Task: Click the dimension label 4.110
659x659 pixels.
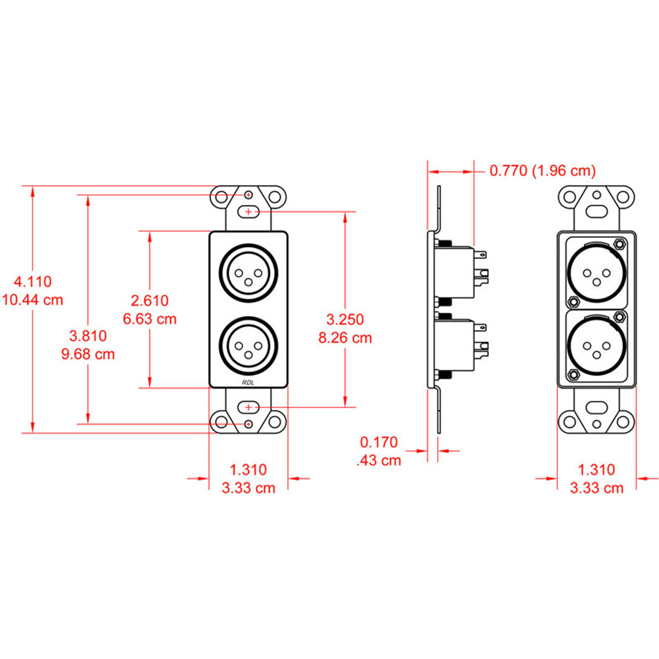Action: click(x=33, y=282)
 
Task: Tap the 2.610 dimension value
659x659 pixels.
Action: click(x=150, y=301)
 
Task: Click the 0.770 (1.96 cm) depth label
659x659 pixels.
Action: click(x=542, y=171)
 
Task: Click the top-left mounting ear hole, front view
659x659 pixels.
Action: click(x=221, y=196)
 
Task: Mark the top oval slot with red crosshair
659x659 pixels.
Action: click(x=248, y=212)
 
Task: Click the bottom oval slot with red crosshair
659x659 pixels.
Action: click(x=248, y=407)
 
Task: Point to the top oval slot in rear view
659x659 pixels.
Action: click(x=596, y=212)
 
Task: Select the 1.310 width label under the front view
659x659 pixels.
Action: click(x=248, y=470)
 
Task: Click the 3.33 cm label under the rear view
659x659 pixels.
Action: click(x=596, y=488)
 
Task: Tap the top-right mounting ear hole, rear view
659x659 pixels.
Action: click(x=623, y=196)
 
